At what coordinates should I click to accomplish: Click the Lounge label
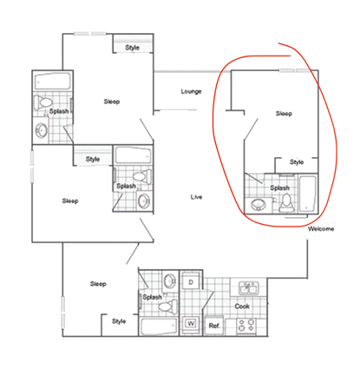point(191,91)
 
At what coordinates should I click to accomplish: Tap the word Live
point(197,198)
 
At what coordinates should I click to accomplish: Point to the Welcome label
point(320,229)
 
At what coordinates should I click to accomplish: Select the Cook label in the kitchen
point(242,306)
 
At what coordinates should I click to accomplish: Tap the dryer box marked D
point(191,283)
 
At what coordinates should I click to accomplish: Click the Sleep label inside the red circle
point(283,113)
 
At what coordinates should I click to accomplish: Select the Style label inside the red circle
point(297,161)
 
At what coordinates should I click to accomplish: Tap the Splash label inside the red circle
point(279,188)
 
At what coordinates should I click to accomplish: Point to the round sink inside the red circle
point(258,206)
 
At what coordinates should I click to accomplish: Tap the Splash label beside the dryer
point(153,297)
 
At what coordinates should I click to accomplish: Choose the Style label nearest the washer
point(119,321)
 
